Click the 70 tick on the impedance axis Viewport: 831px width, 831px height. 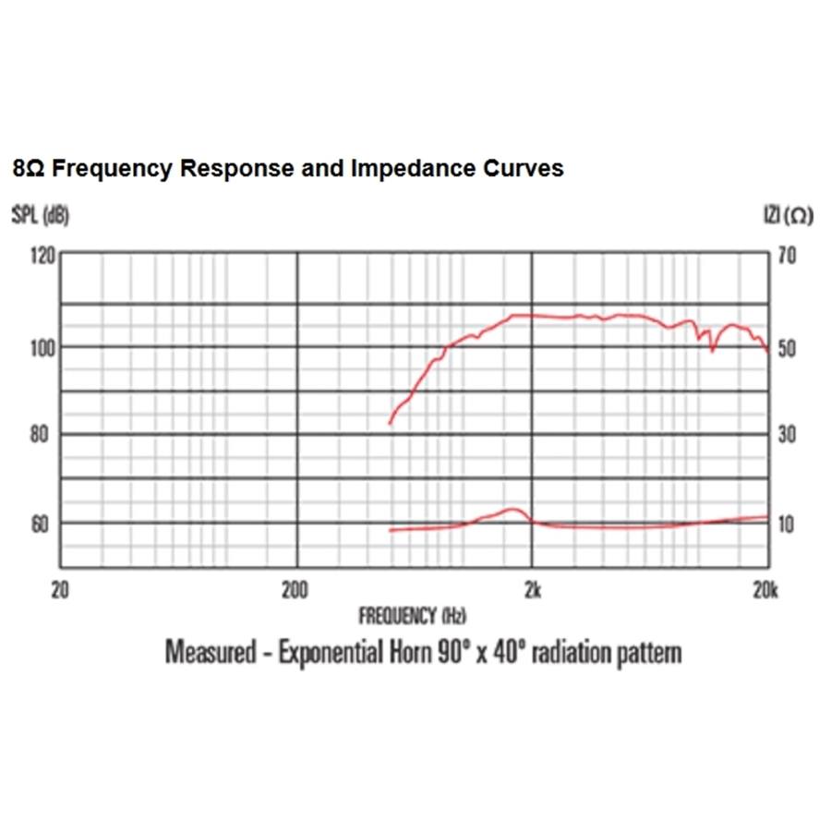coord(786,256)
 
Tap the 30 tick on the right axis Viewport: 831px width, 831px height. coord(786,435)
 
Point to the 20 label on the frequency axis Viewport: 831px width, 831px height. coord(60,591)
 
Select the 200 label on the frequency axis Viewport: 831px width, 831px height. coord(295,591)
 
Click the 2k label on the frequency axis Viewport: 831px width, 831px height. coord(531,591)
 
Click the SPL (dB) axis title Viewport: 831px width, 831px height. coord(40,215)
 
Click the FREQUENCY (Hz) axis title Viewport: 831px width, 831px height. coord(412,615)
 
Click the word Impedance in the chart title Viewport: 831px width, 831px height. coord(400,169)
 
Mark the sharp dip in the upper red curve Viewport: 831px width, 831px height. coord(712,350)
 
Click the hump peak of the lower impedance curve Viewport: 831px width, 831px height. coord(512,509)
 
